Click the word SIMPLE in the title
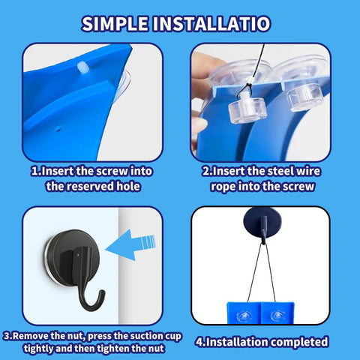coord(115,24)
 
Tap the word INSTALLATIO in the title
coord(211,24)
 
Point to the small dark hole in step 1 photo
coord(58,129)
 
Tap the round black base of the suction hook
coord(73,257)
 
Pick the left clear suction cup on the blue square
coord(244,316)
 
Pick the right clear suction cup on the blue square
coord(277,316)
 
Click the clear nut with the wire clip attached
coord(247,110)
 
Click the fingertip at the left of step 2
coord(199,126)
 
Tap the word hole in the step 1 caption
coord(128,186)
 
